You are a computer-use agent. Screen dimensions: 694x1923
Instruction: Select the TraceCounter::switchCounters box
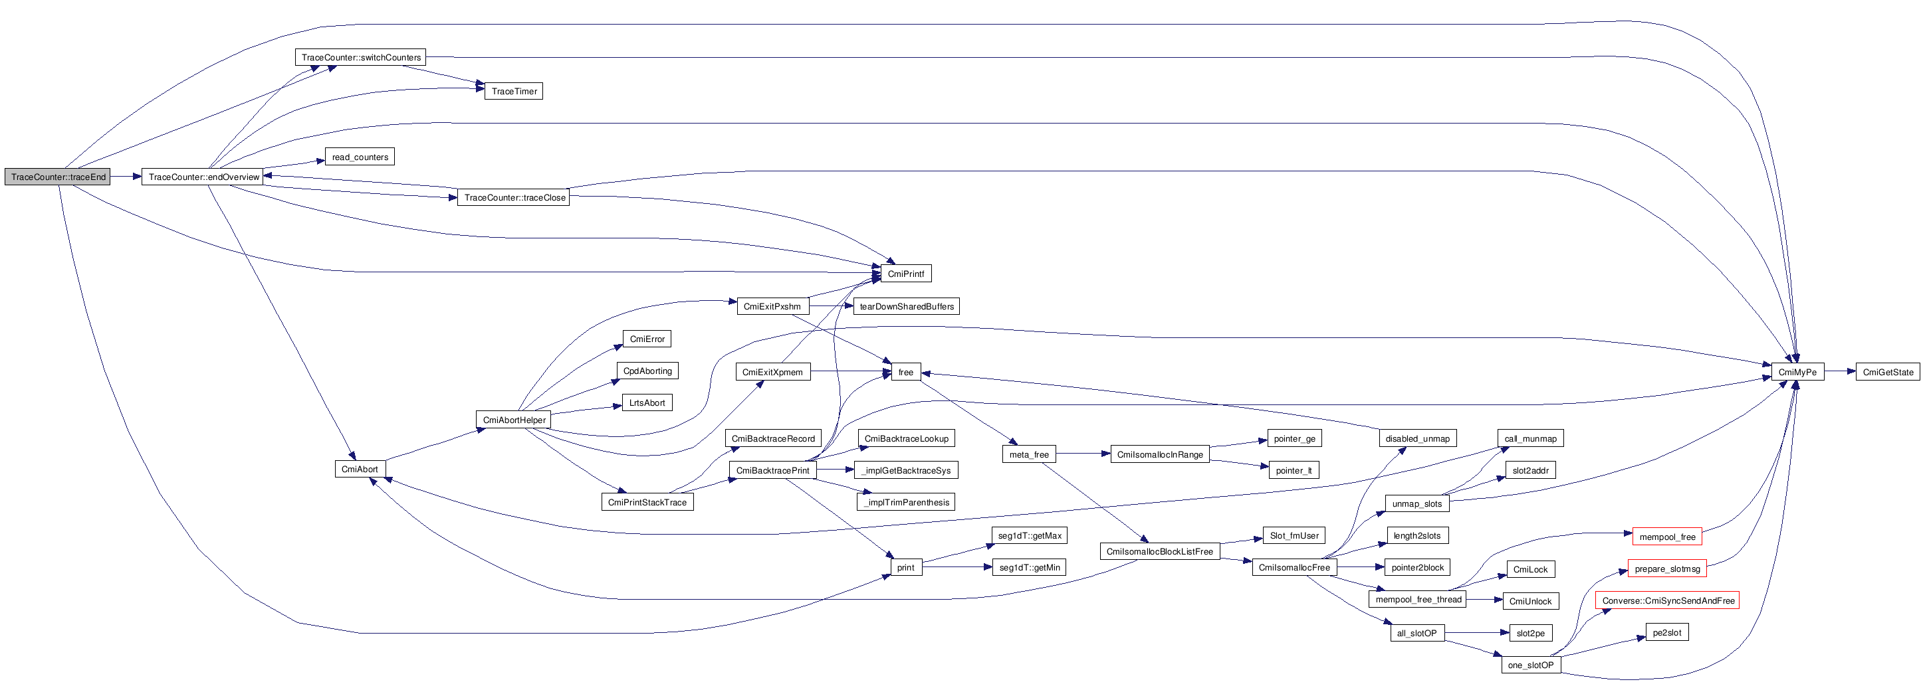tap(360, 58)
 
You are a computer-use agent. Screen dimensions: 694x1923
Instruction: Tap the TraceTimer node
tap(514, 91)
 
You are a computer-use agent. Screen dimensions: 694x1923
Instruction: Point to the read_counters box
tap(360, 157)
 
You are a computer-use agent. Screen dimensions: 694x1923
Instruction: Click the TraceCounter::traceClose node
tap(514, 198)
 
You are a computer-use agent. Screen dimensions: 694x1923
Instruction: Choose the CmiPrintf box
tap(905, 274)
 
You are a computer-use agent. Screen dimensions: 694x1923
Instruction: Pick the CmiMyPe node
tap(1797, 372)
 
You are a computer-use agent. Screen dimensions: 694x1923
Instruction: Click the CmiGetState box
tap(1887, 372)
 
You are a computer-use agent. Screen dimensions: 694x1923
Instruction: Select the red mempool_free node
tap(1667, 537)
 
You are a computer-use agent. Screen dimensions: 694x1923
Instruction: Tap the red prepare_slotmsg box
tap(1667, 568)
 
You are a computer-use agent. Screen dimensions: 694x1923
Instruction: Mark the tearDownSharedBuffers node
tap(906, 307)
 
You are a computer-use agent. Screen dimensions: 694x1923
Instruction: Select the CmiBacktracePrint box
tap(772, 470)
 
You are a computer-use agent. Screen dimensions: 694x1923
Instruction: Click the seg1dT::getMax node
tap(1030, 536)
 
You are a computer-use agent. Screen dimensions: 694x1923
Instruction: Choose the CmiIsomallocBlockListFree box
tap(1159, 551)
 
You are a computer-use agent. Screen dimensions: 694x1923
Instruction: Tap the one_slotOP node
tap(1530, 665)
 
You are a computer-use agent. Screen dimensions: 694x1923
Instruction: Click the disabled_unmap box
tap(1417, 439)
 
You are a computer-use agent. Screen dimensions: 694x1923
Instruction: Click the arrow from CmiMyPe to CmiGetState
tap(1839, 372)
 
